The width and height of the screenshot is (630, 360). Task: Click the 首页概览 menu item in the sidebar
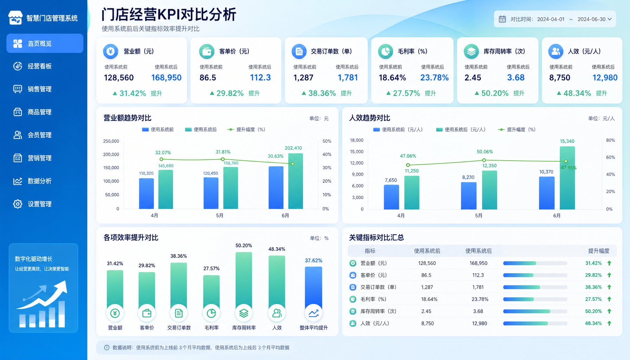(x=45, y=43)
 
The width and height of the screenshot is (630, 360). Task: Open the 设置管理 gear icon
(x=18, y=204)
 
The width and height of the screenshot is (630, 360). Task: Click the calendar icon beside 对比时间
(x=502, y=19)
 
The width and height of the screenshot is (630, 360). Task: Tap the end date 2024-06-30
(x=591, y=19)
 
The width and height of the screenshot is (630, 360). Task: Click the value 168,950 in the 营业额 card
(x=166, y=78)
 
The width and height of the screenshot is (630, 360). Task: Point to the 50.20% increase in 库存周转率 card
(x=495, y=93)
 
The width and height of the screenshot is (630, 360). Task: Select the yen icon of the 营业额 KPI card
(x=110, y=51)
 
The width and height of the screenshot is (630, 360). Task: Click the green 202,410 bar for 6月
(x=295, y=181)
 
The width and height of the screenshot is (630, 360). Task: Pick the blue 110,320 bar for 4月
(x=146, y=194)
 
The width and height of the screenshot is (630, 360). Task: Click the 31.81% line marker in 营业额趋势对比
(x=223, y=159)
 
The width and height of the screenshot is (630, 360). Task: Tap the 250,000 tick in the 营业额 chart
(x=111, y=141)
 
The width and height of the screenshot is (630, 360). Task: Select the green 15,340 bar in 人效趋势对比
(x=567, y=178)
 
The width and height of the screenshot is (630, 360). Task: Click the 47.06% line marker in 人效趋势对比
(x=408, y=165)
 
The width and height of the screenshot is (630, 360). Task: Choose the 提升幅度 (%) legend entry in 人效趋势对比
(x=517, y=130)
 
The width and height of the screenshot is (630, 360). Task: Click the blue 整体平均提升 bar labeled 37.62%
(x=313, y=289)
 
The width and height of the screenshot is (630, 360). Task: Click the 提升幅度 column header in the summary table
(x=599, y=251)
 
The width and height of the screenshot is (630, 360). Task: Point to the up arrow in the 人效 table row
(x=609, y=323)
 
